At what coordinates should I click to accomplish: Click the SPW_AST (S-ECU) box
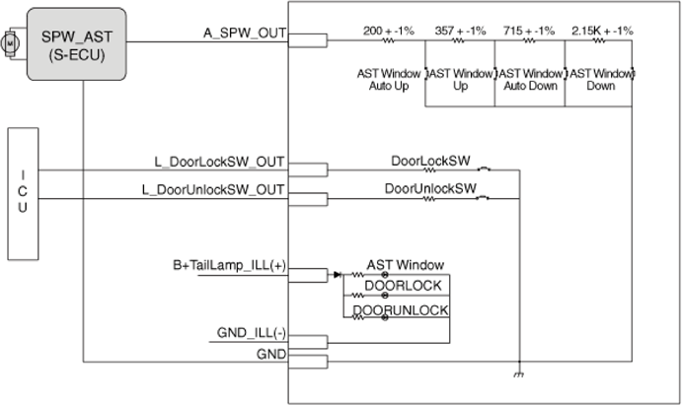pyautogui.click(x=77, y=43)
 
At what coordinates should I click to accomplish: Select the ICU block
pyautogui.click(x=23, y=193)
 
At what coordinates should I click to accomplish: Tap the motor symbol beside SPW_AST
pyautogui.click(x=10, y=43)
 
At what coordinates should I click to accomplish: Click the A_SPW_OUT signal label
pyautogui.click(x=245, y=33)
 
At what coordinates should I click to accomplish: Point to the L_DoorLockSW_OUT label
pyautogui.click(x=219, y=162)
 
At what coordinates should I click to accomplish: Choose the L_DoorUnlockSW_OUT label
pyautogui.click(x=213, y=190)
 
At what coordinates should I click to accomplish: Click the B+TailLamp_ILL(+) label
pyautogui.click(x=229, y=265)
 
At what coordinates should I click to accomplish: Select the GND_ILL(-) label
pyautogui.click(x=252, y=333)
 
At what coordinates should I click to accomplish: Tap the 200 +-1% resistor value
pyautogui.click(x=389, y=31)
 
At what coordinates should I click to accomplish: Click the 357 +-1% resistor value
pyautogui.click(x=460, y=31)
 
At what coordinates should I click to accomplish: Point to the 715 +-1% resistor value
pyautogui.click(x=529, y=31)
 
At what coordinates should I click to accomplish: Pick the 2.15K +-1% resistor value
pyautogui.click(x=602, y=31)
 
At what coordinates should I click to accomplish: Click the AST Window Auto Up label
pyautogui.click(x=389, y=80)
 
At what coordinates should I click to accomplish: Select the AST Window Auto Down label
pyautogui.click(x=530, y=80)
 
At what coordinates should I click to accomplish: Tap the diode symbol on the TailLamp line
pyautogui.click(x=338, y=274)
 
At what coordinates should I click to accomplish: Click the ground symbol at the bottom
pyautogui.click(x=518, y=373)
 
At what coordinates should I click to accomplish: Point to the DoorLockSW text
pyautogui.click(x=430, y=161)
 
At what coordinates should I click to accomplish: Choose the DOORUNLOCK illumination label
pyautogui.click(x=400, y=310)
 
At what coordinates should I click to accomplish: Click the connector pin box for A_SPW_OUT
pyautogui.click(x=308, y=40)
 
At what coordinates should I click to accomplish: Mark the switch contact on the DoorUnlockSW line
pyautogui.click(x=483, y=198)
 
